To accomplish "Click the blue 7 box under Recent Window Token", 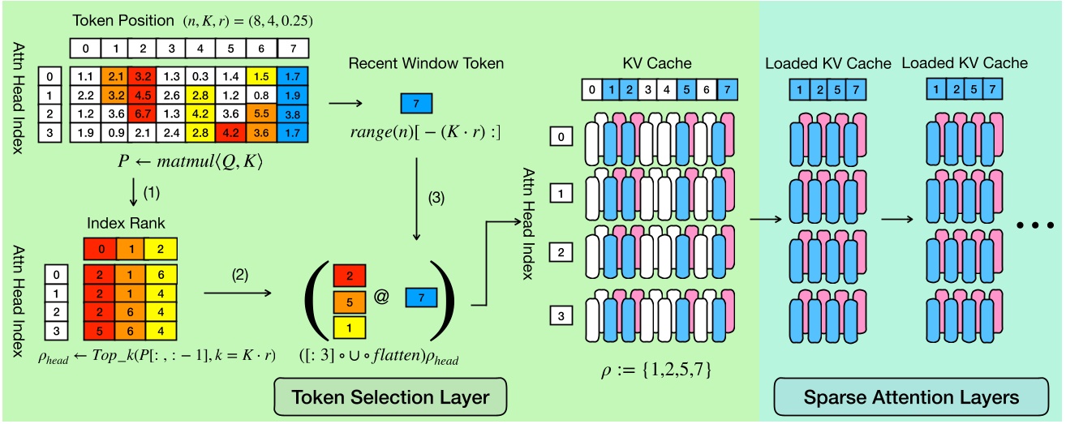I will (417, 104).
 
